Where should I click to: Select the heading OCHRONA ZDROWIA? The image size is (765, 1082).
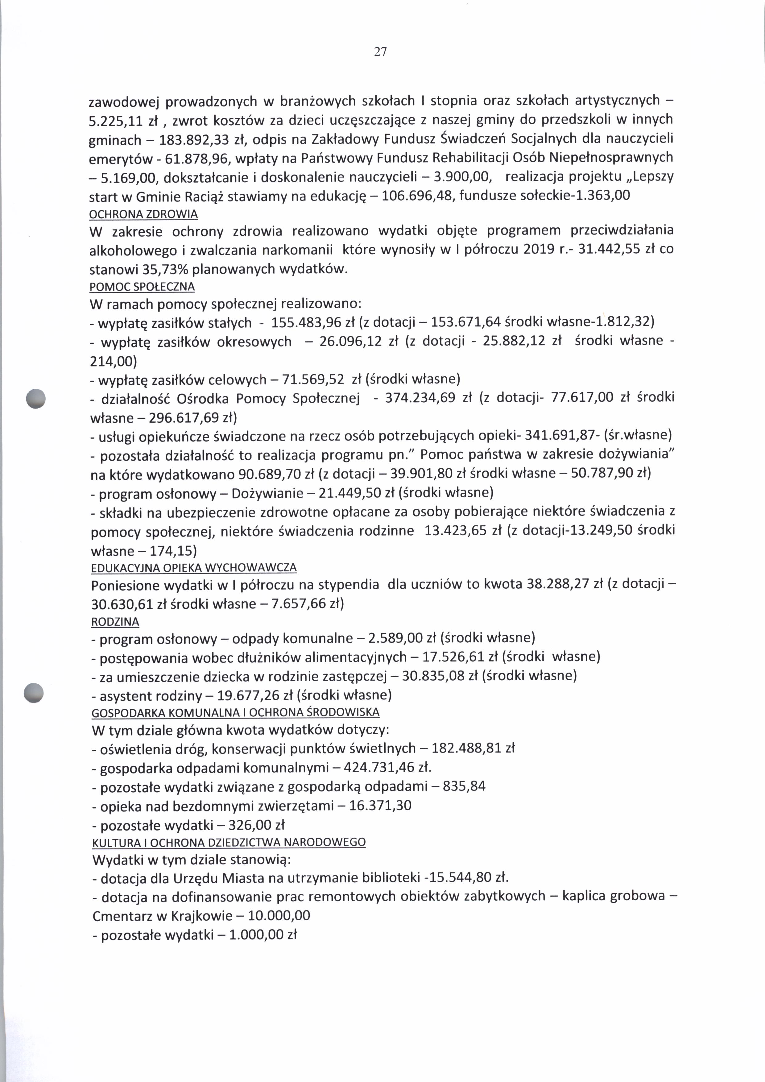point(143,214)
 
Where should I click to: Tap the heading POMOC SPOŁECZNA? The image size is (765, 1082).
point(142,287)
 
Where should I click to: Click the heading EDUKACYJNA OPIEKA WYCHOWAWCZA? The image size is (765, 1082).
point(194,567)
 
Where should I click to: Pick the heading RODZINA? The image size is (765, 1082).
point(115,622)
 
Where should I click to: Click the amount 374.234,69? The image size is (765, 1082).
point(420,398)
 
